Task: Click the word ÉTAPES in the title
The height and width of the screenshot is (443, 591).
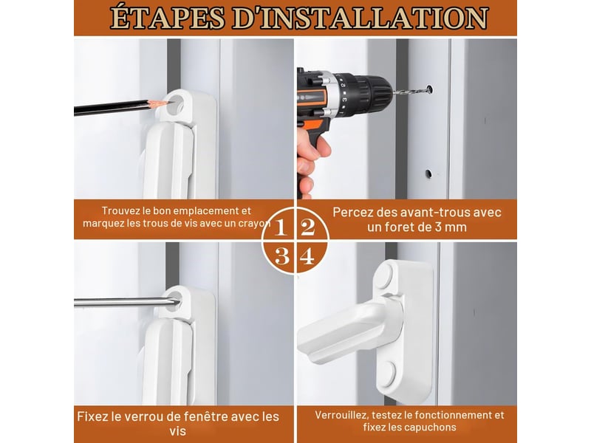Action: pos(168,18)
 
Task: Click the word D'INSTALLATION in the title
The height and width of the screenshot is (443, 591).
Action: pos(361,18)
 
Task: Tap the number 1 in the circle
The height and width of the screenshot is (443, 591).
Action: pos(280,227)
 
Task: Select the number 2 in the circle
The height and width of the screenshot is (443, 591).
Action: pos(308,227)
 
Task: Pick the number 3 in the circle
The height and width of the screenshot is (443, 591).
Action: pos(282,256)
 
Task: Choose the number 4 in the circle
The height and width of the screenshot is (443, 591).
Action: pos(307,256)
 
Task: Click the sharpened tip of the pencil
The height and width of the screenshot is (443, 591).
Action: pos(165,102)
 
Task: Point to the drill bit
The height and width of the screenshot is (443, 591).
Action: pos(410,90)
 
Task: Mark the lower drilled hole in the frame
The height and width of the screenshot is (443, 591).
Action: pos(428,174)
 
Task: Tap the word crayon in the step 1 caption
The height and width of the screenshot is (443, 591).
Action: pos(254,224)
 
